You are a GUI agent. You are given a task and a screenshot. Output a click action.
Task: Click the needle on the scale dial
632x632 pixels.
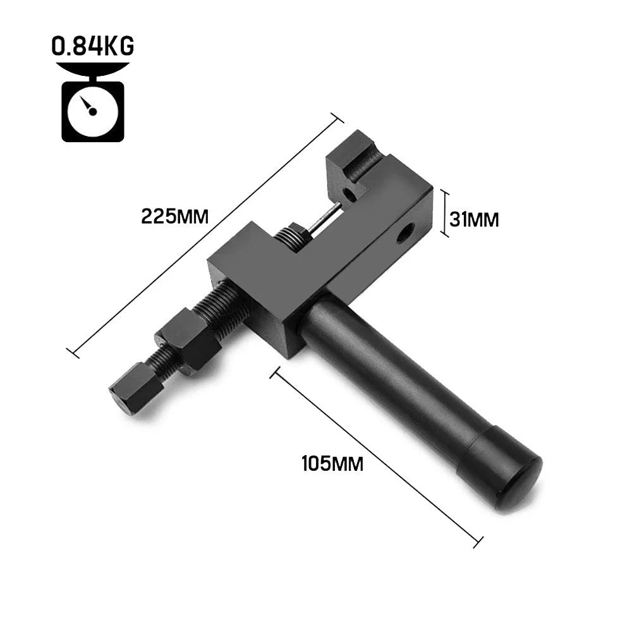[x=90, y=108]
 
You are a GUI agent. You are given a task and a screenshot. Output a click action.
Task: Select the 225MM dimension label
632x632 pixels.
[x=174, y=217]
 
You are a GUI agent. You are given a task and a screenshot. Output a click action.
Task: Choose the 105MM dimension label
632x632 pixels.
[x=332, y=464]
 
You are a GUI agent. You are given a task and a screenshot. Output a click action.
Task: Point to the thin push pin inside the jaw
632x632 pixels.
[x=325, y=219]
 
